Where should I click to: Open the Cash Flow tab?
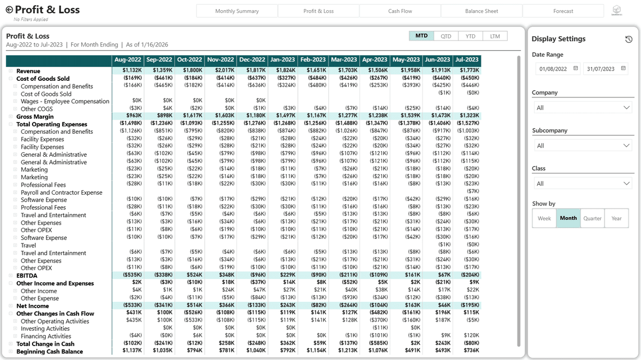tap(400, 11)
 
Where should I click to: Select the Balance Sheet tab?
tap(481, 11)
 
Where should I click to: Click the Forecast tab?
tap(563, 11)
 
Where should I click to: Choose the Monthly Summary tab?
tap(237, 11)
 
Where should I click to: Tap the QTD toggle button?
tap(446, 36)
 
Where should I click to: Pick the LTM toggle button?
tap(495, 36)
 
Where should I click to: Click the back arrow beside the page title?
tap(9, 10)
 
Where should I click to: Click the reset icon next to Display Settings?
tap(629, 40)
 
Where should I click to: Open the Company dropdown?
tap(583, 108)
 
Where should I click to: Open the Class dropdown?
tap(583, 184)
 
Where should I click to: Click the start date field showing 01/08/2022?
tap(555, 69)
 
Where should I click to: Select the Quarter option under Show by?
tap(592, 218)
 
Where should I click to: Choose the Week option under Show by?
tap(544, 218)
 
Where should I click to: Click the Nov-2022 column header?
tap(220, 60)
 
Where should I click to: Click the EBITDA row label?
tap(27, 276)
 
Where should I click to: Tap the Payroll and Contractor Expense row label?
tap(62, 193)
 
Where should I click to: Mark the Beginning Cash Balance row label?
tap(49, 352)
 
